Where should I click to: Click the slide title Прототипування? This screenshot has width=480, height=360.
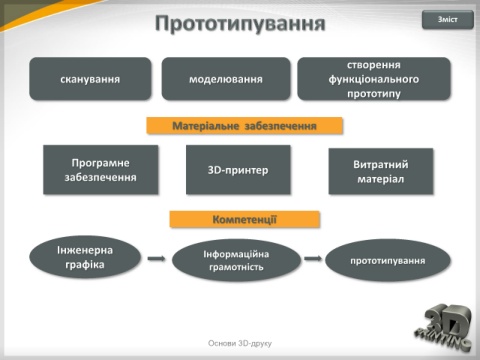[240, 23]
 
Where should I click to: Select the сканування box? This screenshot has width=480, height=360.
[90, 79]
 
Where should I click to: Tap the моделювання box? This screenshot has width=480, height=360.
[226, 79]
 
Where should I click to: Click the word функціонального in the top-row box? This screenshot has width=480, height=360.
[374, 79]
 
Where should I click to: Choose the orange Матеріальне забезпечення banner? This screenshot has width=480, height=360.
[244, 126]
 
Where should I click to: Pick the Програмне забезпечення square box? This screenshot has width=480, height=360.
[101, 170]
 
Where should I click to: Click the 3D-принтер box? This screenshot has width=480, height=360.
[238, 170]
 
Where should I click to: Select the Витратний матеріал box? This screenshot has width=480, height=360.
[381, 171]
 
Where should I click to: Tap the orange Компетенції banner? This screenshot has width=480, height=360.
[245, 219]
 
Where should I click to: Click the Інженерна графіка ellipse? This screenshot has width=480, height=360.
[85, 257]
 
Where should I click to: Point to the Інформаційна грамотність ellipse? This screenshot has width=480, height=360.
[236, 260]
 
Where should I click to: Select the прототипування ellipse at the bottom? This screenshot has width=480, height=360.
[388, 260]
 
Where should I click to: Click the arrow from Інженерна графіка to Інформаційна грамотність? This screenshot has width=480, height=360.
[156, 258]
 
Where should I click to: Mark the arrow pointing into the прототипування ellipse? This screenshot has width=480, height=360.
[313, 258]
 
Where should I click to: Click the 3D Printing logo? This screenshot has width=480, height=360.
[444, 327]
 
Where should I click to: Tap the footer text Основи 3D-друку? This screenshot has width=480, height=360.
[240, 343]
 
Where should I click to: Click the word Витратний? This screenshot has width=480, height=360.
[381, 164]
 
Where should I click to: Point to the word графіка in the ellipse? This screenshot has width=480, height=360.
[85, 265]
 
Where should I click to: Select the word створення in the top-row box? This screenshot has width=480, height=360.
[374, 65]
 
